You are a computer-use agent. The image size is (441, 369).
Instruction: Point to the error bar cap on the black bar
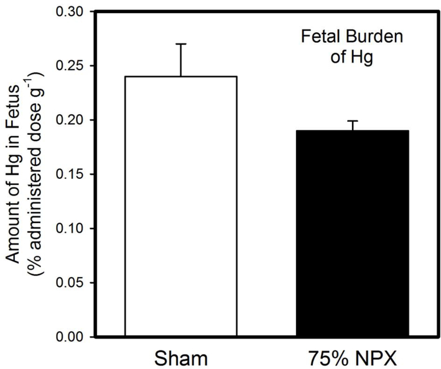pyautogui.click(x=352, y=121)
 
